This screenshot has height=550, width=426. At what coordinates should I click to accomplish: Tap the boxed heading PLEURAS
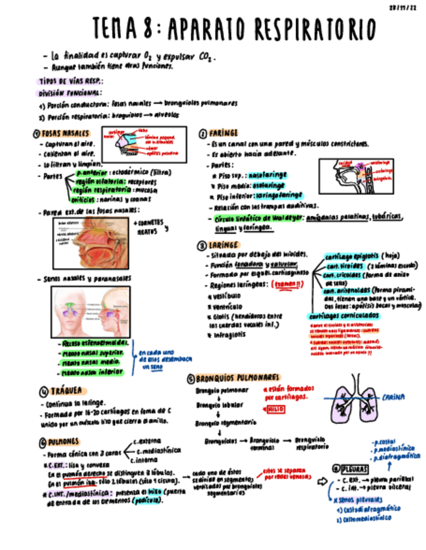click(x=354, y=468)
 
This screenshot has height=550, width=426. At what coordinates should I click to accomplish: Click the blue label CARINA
click(x=394, y=396)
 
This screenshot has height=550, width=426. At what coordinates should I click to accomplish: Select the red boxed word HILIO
click(x=275, y=409)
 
